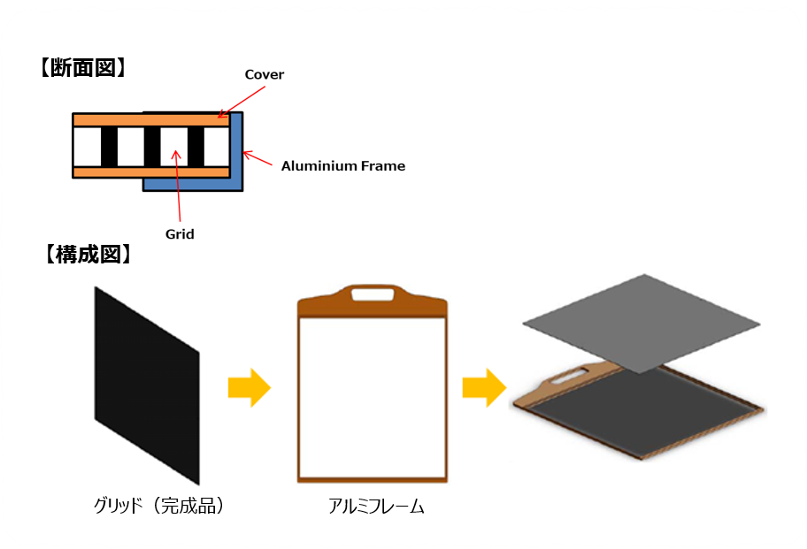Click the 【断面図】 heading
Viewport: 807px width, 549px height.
click(81, 68)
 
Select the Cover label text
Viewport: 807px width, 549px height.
click(264, 75)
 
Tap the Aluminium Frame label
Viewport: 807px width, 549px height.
click(342, 165)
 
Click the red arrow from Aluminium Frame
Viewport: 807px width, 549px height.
click(259, 159)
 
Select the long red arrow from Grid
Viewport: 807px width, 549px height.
click(179, 185)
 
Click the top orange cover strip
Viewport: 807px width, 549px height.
click(150, 119)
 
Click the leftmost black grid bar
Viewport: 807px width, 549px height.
click(108, 146)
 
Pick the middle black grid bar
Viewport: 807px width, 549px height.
click(152, 146)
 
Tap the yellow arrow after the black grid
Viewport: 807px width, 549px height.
click(249, 387)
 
